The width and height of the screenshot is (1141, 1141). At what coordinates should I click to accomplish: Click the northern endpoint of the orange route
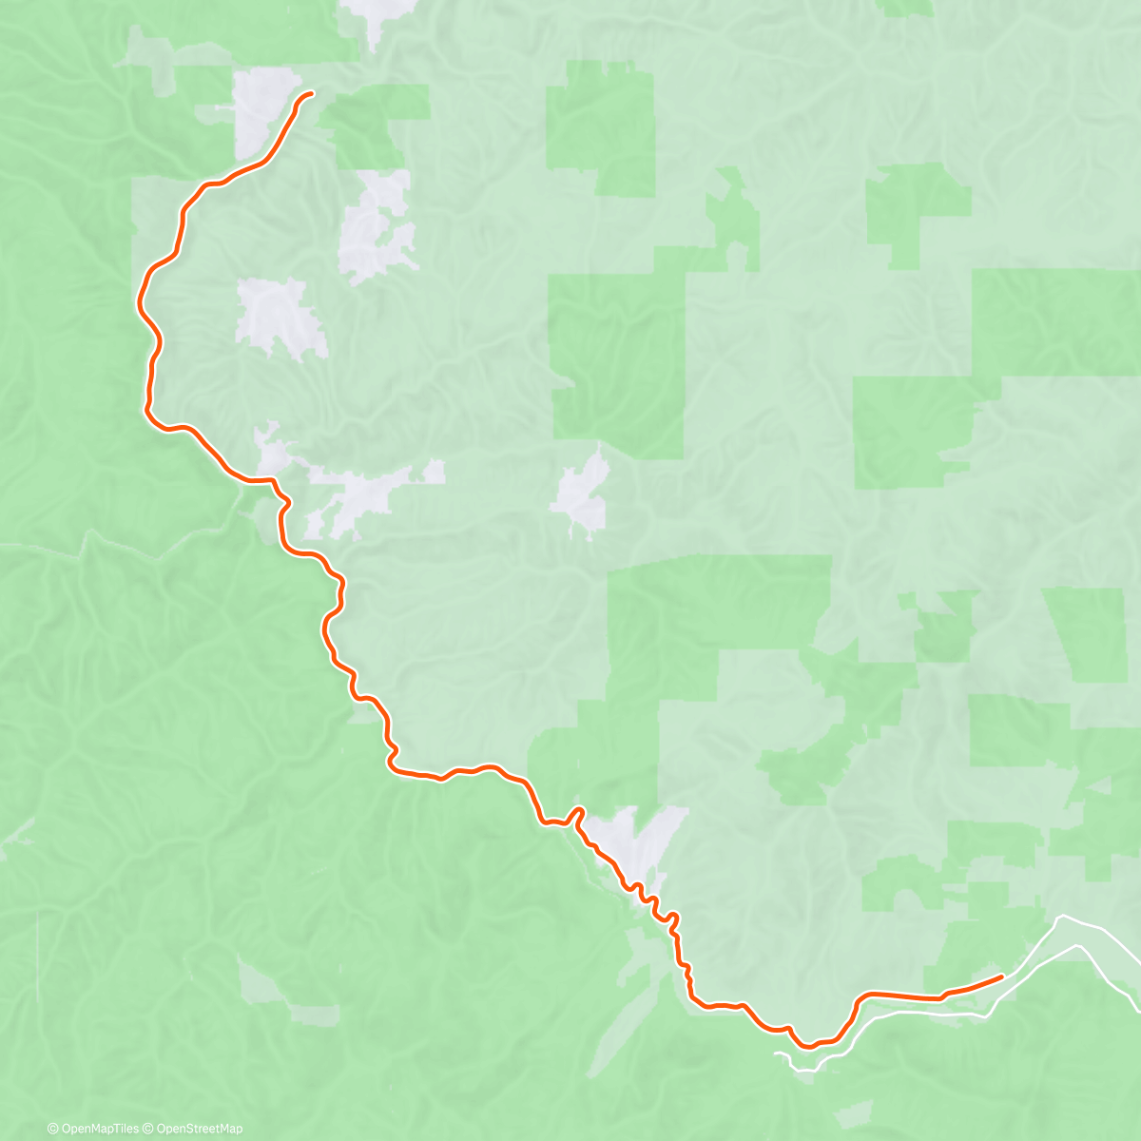click(311, 92)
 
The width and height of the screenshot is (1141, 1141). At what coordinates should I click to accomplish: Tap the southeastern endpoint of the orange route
click(1002, 976)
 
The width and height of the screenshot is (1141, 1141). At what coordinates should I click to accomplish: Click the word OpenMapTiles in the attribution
click(98, 1129)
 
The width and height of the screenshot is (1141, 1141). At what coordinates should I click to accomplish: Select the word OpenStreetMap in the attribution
click(200, 1129)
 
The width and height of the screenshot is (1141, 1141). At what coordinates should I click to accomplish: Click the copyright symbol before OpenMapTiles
click(53, 1129)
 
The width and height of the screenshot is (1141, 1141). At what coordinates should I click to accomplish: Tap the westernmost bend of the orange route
click(142, 290)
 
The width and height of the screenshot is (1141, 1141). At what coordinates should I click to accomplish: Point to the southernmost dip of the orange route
click(806, 1046)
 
